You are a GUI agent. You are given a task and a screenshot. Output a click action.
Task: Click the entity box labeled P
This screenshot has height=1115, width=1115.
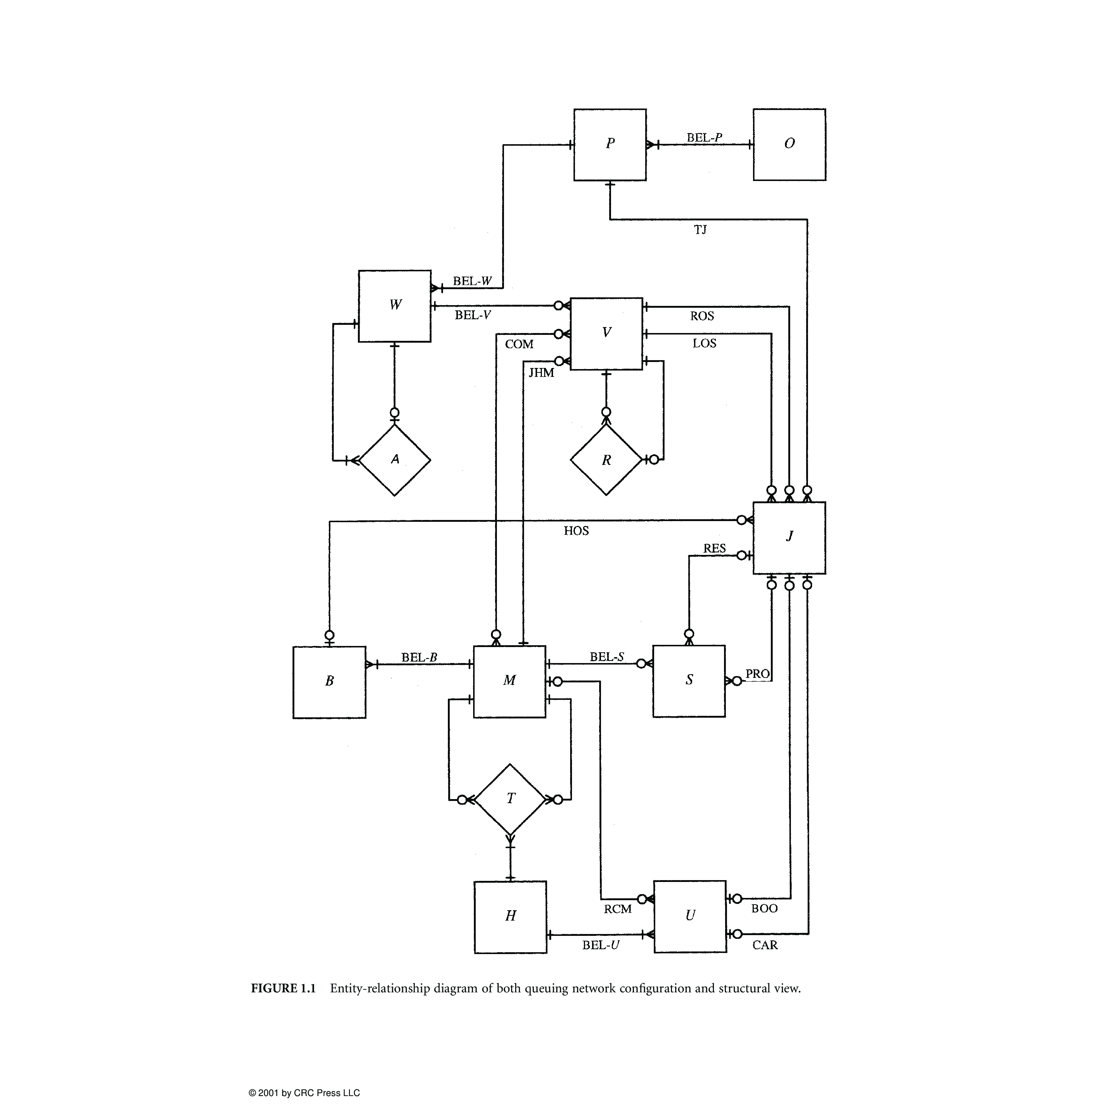(x=610, y=144)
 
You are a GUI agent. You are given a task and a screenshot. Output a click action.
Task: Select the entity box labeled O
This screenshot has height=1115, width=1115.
(x=789, y=144)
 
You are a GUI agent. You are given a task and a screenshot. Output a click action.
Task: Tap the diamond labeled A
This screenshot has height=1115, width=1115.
(x=395, y=460)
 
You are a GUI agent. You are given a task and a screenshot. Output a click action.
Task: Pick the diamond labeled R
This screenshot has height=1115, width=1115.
(x=606, y=460)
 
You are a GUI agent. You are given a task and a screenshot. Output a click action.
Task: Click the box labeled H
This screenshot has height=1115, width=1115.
(x=510, y=917)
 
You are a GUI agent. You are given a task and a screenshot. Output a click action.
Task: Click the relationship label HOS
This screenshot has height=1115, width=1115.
(x=576, y=531)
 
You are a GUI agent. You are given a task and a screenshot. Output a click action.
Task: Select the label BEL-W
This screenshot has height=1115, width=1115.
(x=472, y=281)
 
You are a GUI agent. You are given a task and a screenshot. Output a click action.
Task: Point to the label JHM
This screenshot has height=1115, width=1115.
(x=542, y=373)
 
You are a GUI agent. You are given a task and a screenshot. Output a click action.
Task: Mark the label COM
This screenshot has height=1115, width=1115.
(x=519, y=345)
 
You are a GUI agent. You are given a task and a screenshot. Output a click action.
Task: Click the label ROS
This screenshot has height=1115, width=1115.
(x=702, y=316)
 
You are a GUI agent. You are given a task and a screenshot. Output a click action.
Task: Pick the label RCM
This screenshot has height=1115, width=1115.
(x=617, y=909)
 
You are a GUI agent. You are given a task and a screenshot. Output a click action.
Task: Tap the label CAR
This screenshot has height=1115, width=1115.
(x=765, y=945)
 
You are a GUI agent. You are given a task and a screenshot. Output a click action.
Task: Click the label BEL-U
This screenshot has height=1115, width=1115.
(x=600, y=945)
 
